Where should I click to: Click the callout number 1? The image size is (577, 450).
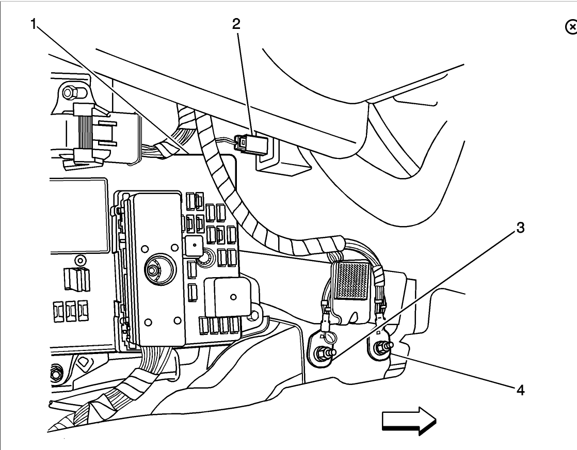coord(34,24)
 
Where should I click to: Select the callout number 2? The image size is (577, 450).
coord(236,24)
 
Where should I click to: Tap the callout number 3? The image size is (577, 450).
coord(521,228)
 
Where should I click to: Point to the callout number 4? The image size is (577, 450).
coord(521,390)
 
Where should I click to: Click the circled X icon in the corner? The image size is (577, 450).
coord(570,27)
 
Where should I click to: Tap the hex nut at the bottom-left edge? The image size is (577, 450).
coord(56,370)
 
